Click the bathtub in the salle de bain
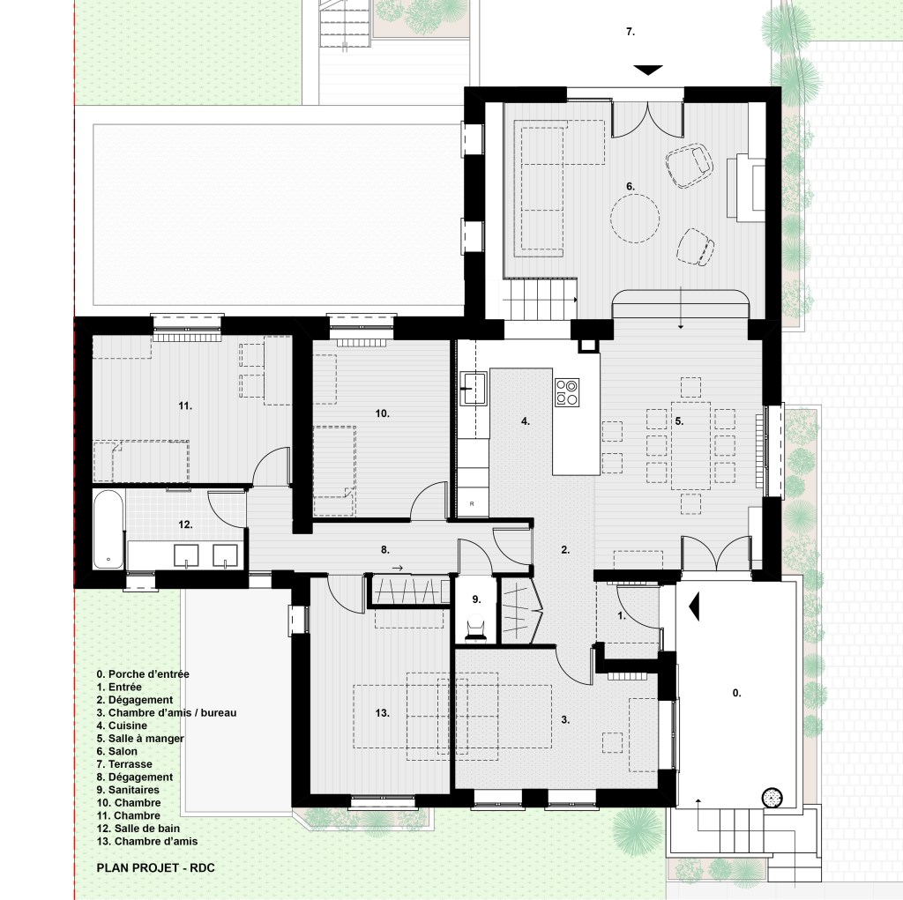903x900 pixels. (x=108, y=529)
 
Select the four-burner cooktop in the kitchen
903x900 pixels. (x=567, y=392)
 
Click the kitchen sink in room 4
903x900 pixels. (x=474, y=388)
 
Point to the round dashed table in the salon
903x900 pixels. (x=635, y=219)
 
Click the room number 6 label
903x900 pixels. (x=631, y=187)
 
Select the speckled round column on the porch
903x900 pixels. (x=772, y=798)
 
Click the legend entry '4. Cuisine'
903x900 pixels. (x=122, y=725)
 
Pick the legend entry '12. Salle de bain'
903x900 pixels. (x=138, y=829)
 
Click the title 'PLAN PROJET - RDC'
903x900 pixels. (x=155, y=867)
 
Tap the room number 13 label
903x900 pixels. (x=383, y=713)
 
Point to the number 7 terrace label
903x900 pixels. (x=631, y=32)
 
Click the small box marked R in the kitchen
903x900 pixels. (x=473, y=504)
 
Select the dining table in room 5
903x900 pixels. (x=690, y=446)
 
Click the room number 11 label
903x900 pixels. (x=185, y=406)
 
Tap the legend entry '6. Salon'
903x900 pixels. (x=117, y=751)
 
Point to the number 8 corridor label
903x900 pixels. (x=385, y=550)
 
